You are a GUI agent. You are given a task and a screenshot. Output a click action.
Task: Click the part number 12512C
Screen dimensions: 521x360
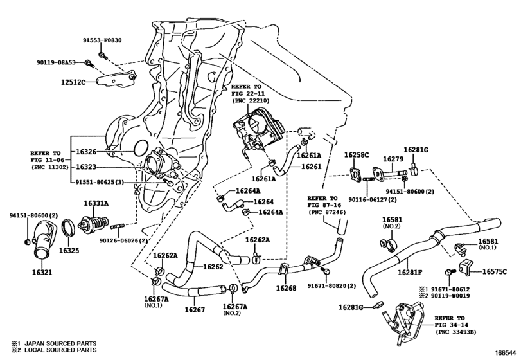click(73, 82)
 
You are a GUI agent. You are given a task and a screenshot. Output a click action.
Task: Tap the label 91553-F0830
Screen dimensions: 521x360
click(102, 40)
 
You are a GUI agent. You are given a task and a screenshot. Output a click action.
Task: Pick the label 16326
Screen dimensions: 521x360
click(86, 152)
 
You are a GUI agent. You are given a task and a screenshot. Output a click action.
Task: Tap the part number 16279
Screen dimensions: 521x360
click(393, 159)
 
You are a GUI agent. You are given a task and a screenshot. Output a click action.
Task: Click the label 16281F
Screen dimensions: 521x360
click(410, 272)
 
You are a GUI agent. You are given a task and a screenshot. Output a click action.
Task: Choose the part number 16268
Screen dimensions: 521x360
click(286, 288)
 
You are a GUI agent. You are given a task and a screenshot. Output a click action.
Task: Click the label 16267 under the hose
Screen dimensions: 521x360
click(195, 309)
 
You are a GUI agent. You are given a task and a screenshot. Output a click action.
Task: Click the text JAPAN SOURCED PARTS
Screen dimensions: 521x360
click(60, 343)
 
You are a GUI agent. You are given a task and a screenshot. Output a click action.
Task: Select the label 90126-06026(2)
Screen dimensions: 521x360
click(123, 240)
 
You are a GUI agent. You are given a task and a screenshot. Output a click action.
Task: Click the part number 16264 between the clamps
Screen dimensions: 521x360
click(263, 202)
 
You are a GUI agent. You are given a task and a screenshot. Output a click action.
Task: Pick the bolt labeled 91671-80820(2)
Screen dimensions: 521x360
click(326, 271)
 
